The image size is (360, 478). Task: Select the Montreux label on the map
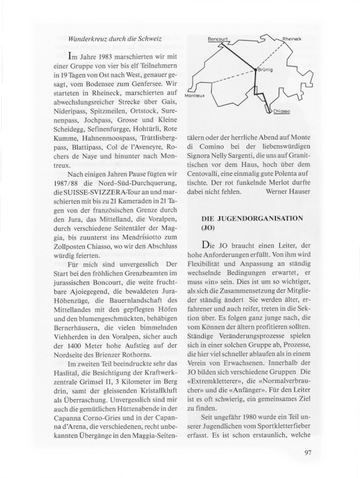pyautogui.click(x=195, y=96)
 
